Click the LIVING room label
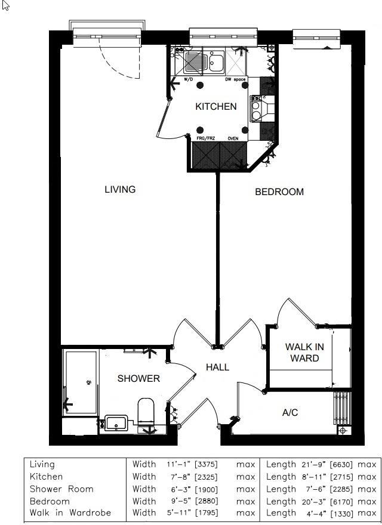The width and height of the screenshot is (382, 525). pos(120,190)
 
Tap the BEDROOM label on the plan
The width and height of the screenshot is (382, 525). pos(279,192)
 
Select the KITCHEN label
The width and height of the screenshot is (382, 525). pos(216,107)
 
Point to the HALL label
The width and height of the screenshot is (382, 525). pos(217,367)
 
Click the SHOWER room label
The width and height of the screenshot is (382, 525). pos(138,378)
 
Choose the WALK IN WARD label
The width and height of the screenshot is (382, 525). pos(304,353)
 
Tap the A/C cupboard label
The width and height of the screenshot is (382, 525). pos(290,413)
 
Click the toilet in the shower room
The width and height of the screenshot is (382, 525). pos(146,412)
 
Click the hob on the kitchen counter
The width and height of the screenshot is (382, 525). pos(257,108)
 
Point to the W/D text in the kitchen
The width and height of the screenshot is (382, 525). pos(189,79)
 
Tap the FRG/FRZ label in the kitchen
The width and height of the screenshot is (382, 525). pos(206,138)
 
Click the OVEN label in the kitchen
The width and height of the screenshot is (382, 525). pos(233,138)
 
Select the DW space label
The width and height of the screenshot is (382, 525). pos(236,79)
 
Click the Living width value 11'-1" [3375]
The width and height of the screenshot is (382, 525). pos(192,464)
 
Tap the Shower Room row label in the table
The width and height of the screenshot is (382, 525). pos(61,489)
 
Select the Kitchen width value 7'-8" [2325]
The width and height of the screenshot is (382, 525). pos(192,477)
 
